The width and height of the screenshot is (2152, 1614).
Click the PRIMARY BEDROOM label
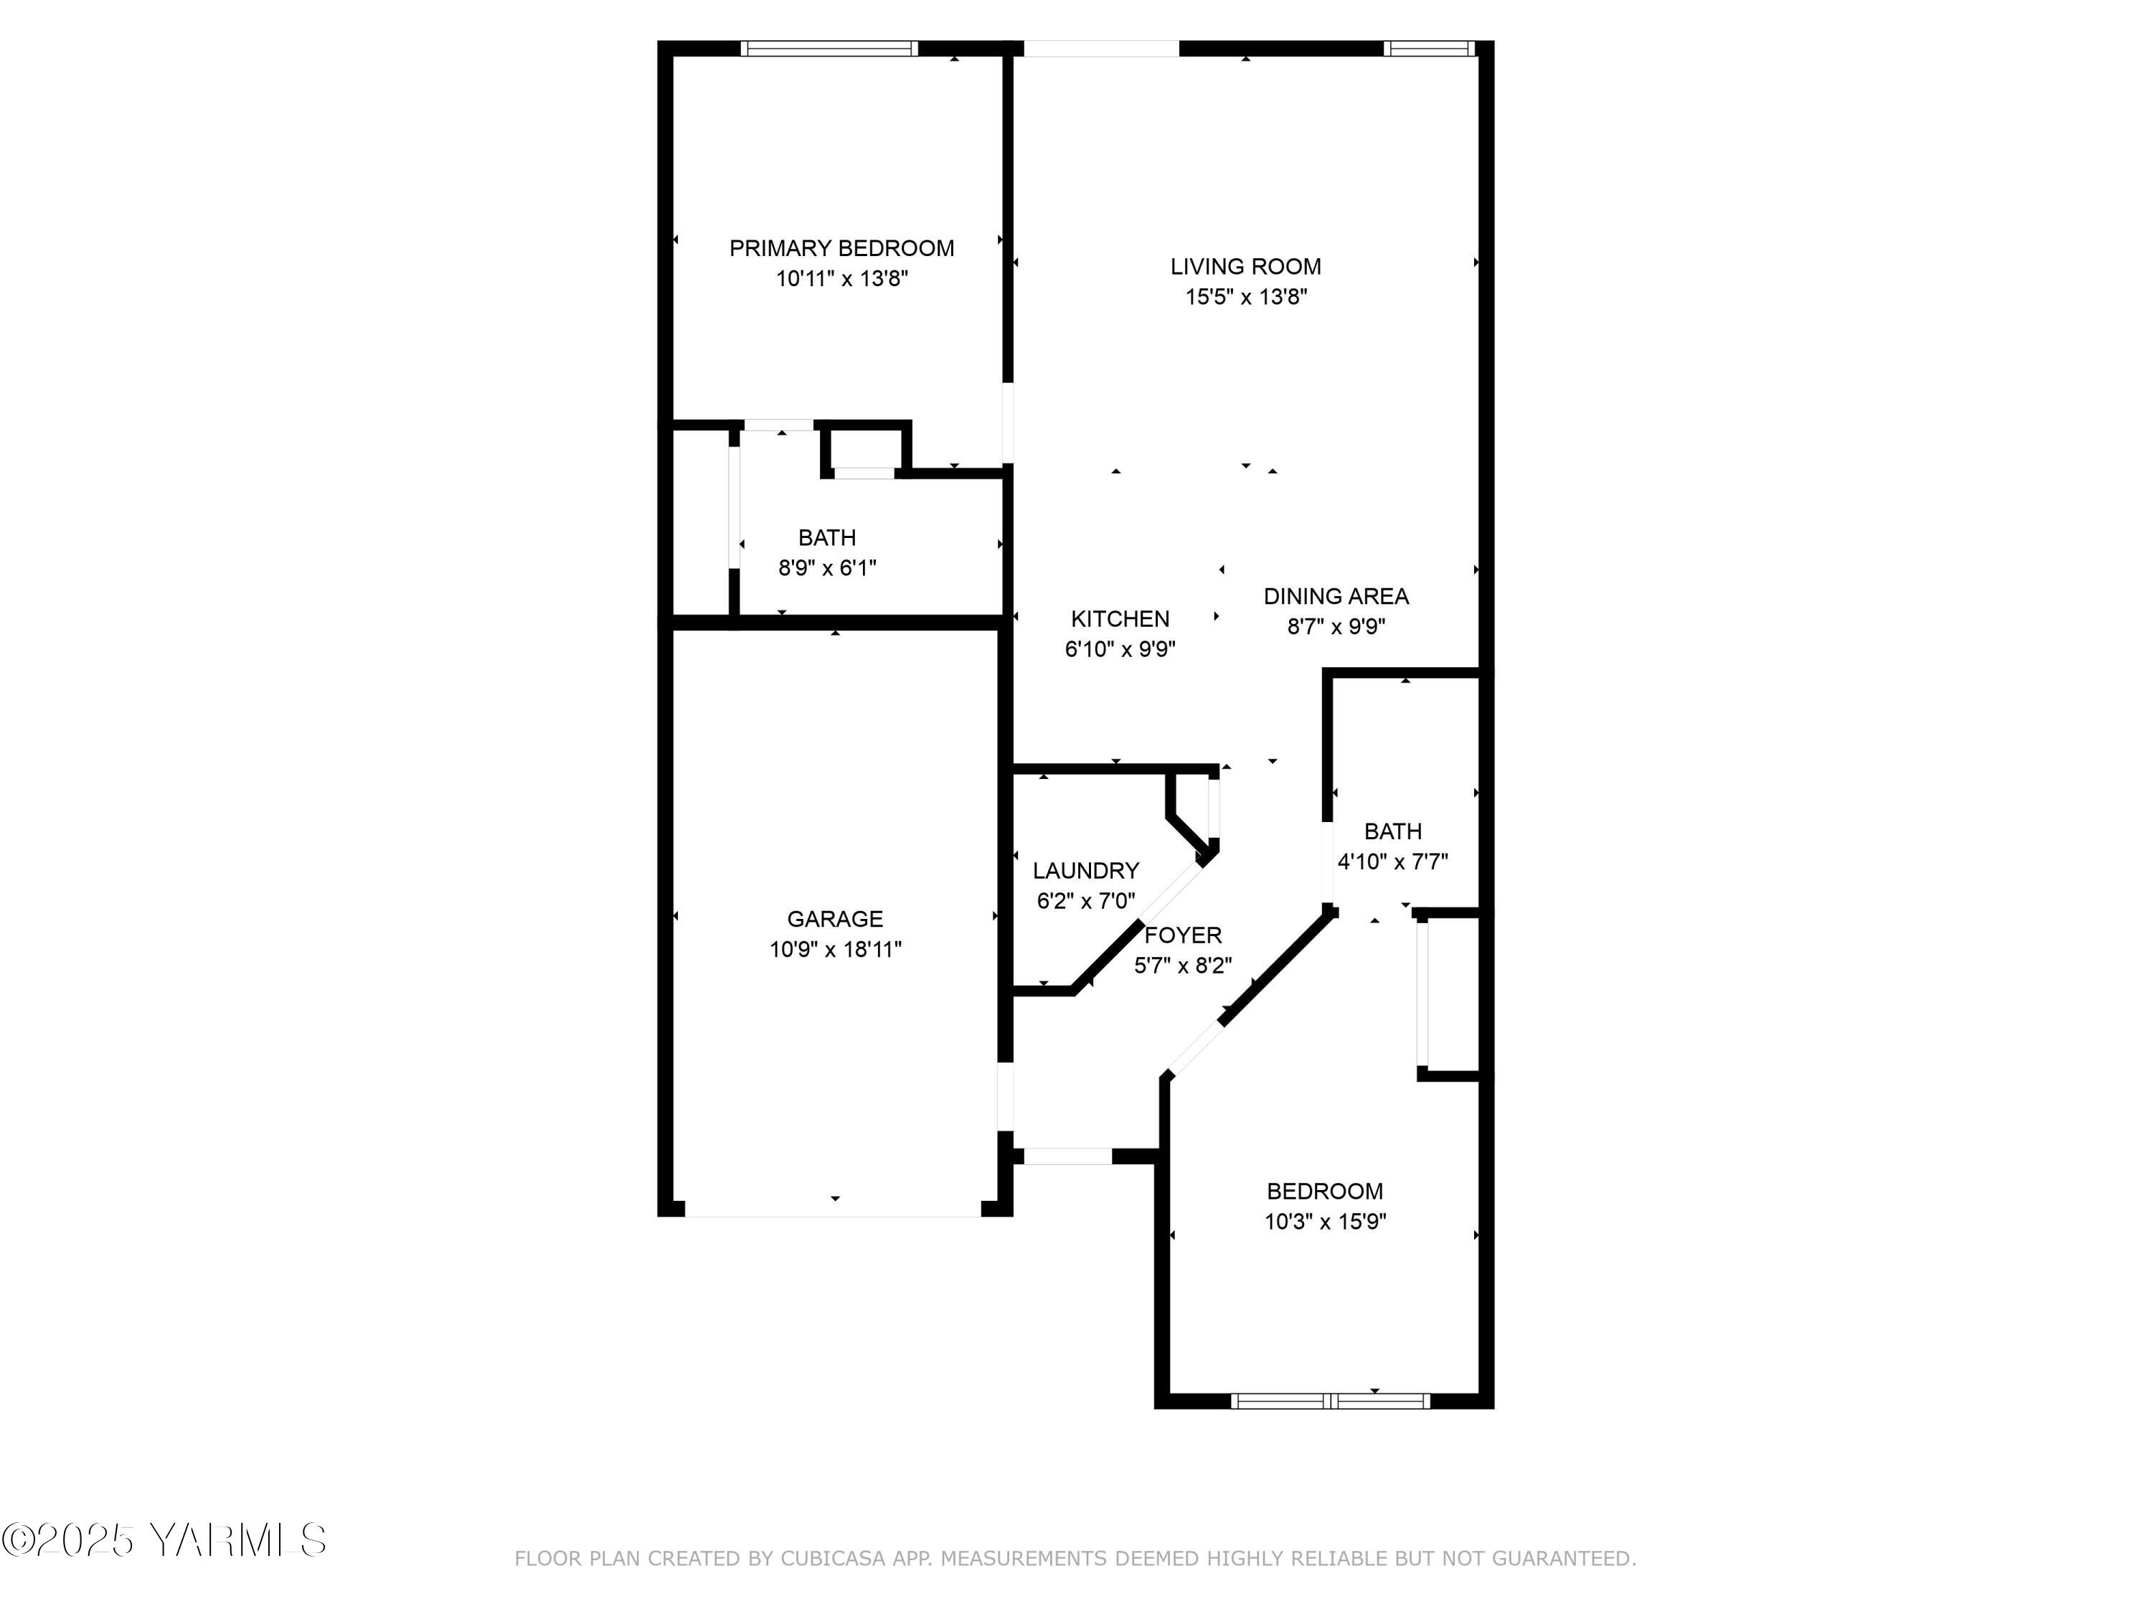841,248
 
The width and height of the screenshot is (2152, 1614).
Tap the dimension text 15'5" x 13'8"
1245,297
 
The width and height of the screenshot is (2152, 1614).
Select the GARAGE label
835,918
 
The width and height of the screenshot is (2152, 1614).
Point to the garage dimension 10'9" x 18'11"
835,948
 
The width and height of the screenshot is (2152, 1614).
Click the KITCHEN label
1120,619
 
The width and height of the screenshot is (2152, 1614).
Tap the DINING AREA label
1336,596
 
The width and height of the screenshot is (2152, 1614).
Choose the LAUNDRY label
1086,871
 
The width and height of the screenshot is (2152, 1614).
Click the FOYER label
1183,935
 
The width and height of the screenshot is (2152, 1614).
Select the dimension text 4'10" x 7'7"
1392,861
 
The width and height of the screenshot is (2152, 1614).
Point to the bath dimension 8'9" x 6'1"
827,567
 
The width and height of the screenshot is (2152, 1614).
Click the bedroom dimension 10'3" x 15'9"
1325,1221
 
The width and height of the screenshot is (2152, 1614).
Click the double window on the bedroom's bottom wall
1330,1401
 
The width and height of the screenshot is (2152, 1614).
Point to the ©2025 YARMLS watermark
164,1540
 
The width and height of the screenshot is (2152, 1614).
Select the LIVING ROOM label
1245,267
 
